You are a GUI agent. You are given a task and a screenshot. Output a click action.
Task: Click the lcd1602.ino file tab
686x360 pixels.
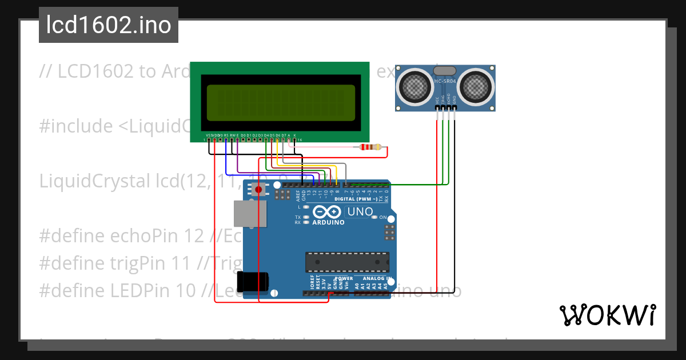109,25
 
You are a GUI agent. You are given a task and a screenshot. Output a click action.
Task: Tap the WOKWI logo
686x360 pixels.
607,315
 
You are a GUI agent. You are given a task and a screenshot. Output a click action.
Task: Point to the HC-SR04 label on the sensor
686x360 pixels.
445,82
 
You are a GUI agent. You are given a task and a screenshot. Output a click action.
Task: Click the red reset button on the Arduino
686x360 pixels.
258,189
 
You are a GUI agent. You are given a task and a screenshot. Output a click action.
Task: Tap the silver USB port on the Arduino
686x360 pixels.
250,215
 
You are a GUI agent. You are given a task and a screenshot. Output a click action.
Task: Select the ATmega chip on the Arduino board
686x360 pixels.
347,262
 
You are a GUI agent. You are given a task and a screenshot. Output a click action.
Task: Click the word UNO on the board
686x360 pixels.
360,212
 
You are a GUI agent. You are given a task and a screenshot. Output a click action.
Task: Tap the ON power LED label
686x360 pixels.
391,218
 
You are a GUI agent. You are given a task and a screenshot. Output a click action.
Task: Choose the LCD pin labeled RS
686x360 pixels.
226,135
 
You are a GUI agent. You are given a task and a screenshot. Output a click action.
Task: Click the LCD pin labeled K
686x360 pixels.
294,135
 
